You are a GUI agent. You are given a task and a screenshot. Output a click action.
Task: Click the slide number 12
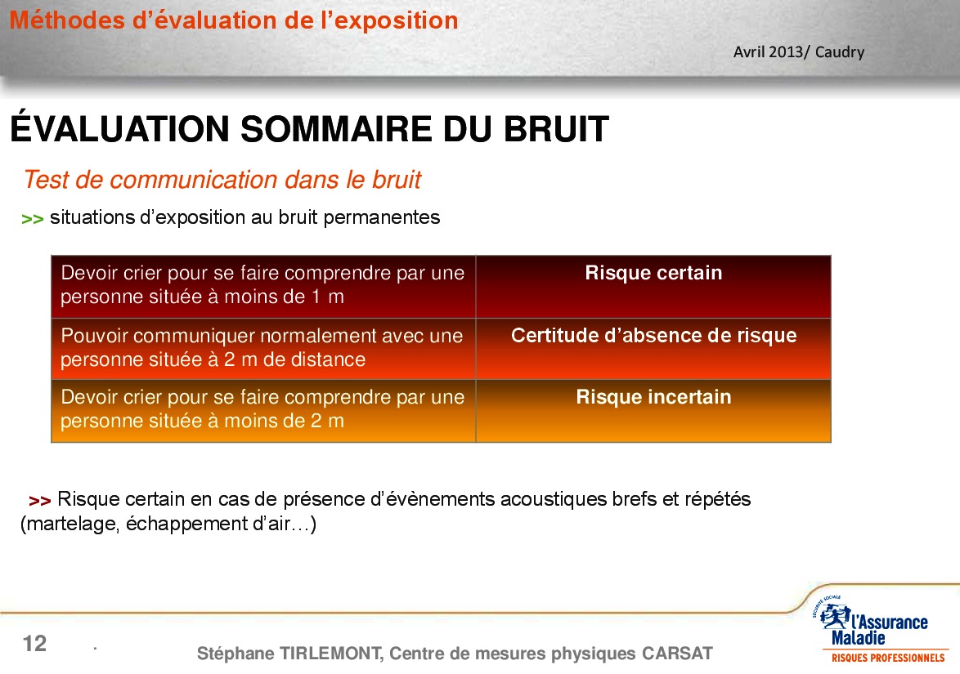pyautogui.click(x=34, y=644)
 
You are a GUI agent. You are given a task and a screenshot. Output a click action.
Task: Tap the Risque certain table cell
pyautogui.click(x=653, y=287)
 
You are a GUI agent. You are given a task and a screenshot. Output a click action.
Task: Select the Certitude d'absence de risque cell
pyautogui.click(x=653, y=349)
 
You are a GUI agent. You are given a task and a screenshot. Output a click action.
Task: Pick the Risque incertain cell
pyautogui.click(x=653, y=410)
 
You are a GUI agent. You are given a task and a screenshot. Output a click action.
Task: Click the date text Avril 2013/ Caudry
pyautogui.click(x=799, y=52)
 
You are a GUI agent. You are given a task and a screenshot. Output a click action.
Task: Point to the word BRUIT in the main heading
pyautogui.click(x=556, y=129)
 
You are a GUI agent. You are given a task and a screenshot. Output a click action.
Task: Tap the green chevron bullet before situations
pyautogui.click(x=33, y=219)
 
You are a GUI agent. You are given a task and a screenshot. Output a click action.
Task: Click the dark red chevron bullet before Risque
pyautogui.click(x=40, y=501)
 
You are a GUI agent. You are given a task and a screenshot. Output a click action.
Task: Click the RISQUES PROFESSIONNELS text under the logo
pyautogui.click(x=888, y=658)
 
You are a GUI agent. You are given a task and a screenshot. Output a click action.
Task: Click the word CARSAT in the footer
pyautogui.click(x=677, y=654)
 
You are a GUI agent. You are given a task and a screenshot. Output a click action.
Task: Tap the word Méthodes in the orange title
pyautogui.click(x=67, y=20)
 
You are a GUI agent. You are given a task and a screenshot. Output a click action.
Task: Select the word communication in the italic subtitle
pyautogui.click(x=194, y=180)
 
